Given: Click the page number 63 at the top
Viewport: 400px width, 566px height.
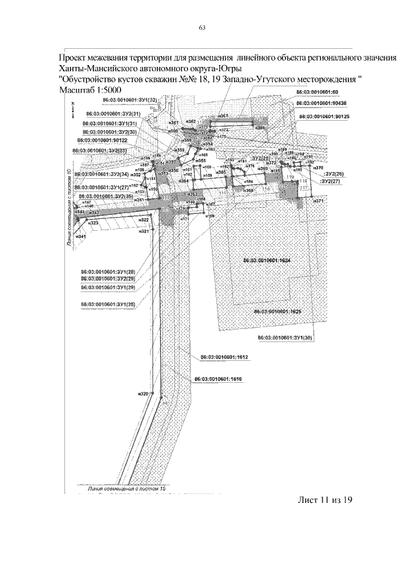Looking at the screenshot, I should click(x=202, y=28).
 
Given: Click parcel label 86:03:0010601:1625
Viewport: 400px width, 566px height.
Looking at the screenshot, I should click(x=277, y=311).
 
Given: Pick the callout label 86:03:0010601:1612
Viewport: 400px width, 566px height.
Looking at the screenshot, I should click(x=225, y=357).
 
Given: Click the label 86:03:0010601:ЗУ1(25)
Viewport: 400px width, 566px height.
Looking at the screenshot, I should click(x=108, y=304).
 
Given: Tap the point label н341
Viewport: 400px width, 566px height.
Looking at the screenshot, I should click(x=81, y=237).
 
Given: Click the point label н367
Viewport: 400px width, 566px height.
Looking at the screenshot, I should click(x=222, y=117).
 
